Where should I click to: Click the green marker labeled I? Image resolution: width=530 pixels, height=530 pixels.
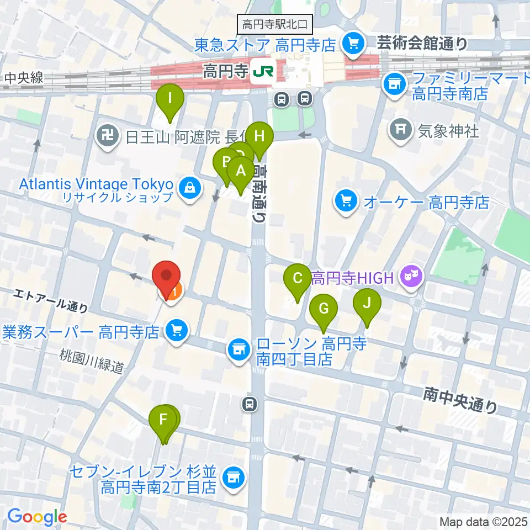pyautogui.click(x=170, y=100)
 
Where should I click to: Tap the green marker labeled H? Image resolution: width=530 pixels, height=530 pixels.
pyautogui.click(x=260, y=136)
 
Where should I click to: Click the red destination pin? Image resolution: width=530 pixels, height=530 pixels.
pyautogui.click(x=167, y=275)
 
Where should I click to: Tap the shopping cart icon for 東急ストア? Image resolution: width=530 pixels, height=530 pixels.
pyautogui.click(x=352, y=43)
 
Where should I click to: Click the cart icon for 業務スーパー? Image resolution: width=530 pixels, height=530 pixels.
pyautogui.click(x=177, y=332)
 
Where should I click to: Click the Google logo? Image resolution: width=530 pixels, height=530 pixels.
pyautogui.click(x=37, y=517)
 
